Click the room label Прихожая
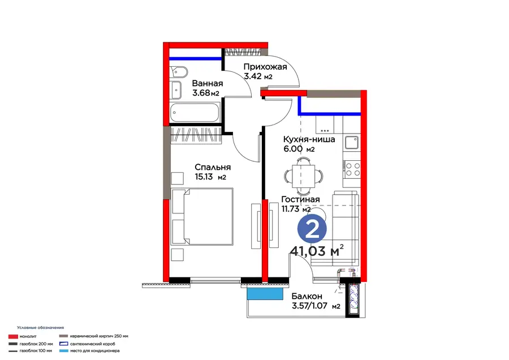click(265, 67)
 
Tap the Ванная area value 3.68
click(201, 93)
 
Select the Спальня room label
click(213, 168)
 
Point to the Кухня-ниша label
click(309, 139)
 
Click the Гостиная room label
click(301, 199)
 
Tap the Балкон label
click(307, 296)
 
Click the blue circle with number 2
click(312, 229)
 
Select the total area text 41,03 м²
click(317, 251)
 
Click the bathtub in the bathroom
click(195, 113)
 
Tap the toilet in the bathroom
click(178, 72)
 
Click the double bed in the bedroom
click(202, 216)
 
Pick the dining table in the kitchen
click(304, 176)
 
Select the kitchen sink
click(352, 143)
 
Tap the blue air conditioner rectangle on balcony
click(265, 294)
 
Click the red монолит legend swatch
click(13, 337)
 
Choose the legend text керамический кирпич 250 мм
click(99, 336)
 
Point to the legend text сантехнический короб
click(93, 344)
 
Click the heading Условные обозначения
click(41, 328)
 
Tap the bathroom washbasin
click(176, 90)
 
